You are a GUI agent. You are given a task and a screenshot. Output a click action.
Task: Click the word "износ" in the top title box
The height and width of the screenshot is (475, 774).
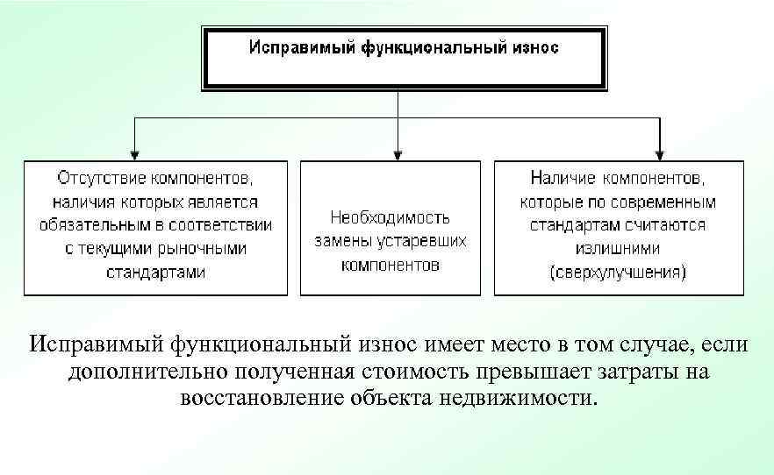click(531, 47)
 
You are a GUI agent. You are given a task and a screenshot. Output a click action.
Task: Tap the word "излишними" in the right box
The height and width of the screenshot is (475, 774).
click(619, 248)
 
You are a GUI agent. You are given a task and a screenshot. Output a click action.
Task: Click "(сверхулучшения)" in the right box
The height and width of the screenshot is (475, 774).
click(619, 272)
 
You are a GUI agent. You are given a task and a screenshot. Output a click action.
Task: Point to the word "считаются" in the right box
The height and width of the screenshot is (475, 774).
click(665, 224)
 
